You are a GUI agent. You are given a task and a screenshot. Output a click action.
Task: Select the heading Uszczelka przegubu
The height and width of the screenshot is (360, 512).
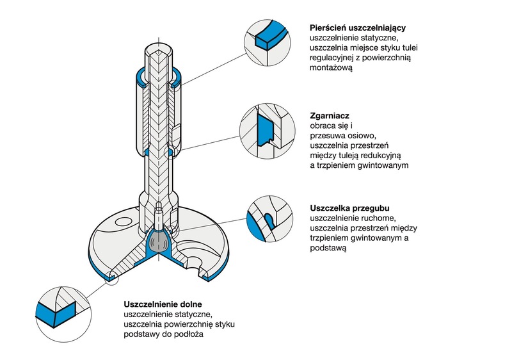click(349, 208)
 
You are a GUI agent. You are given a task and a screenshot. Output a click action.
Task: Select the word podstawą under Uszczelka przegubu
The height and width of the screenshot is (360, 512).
click(328, 249)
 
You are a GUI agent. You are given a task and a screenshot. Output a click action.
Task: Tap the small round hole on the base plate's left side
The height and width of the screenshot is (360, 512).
click(119, 224)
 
